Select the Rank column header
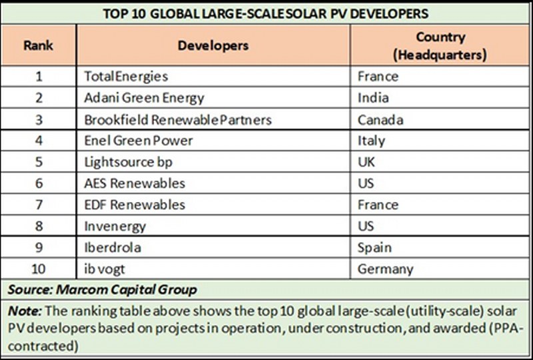(39, 46)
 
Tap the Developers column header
(213, 46)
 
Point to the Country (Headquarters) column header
(440, 45)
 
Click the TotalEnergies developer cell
(127, 77)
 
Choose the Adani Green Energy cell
(144, 98)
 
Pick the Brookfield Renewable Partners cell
(178, 120)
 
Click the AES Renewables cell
(135, 183)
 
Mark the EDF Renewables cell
(135, 205)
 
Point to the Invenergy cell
(115, 226)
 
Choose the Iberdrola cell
(113, 248)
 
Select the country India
(373, 98)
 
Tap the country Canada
(381, 120)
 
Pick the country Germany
(385, 269)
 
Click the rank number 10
(39, 269)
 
